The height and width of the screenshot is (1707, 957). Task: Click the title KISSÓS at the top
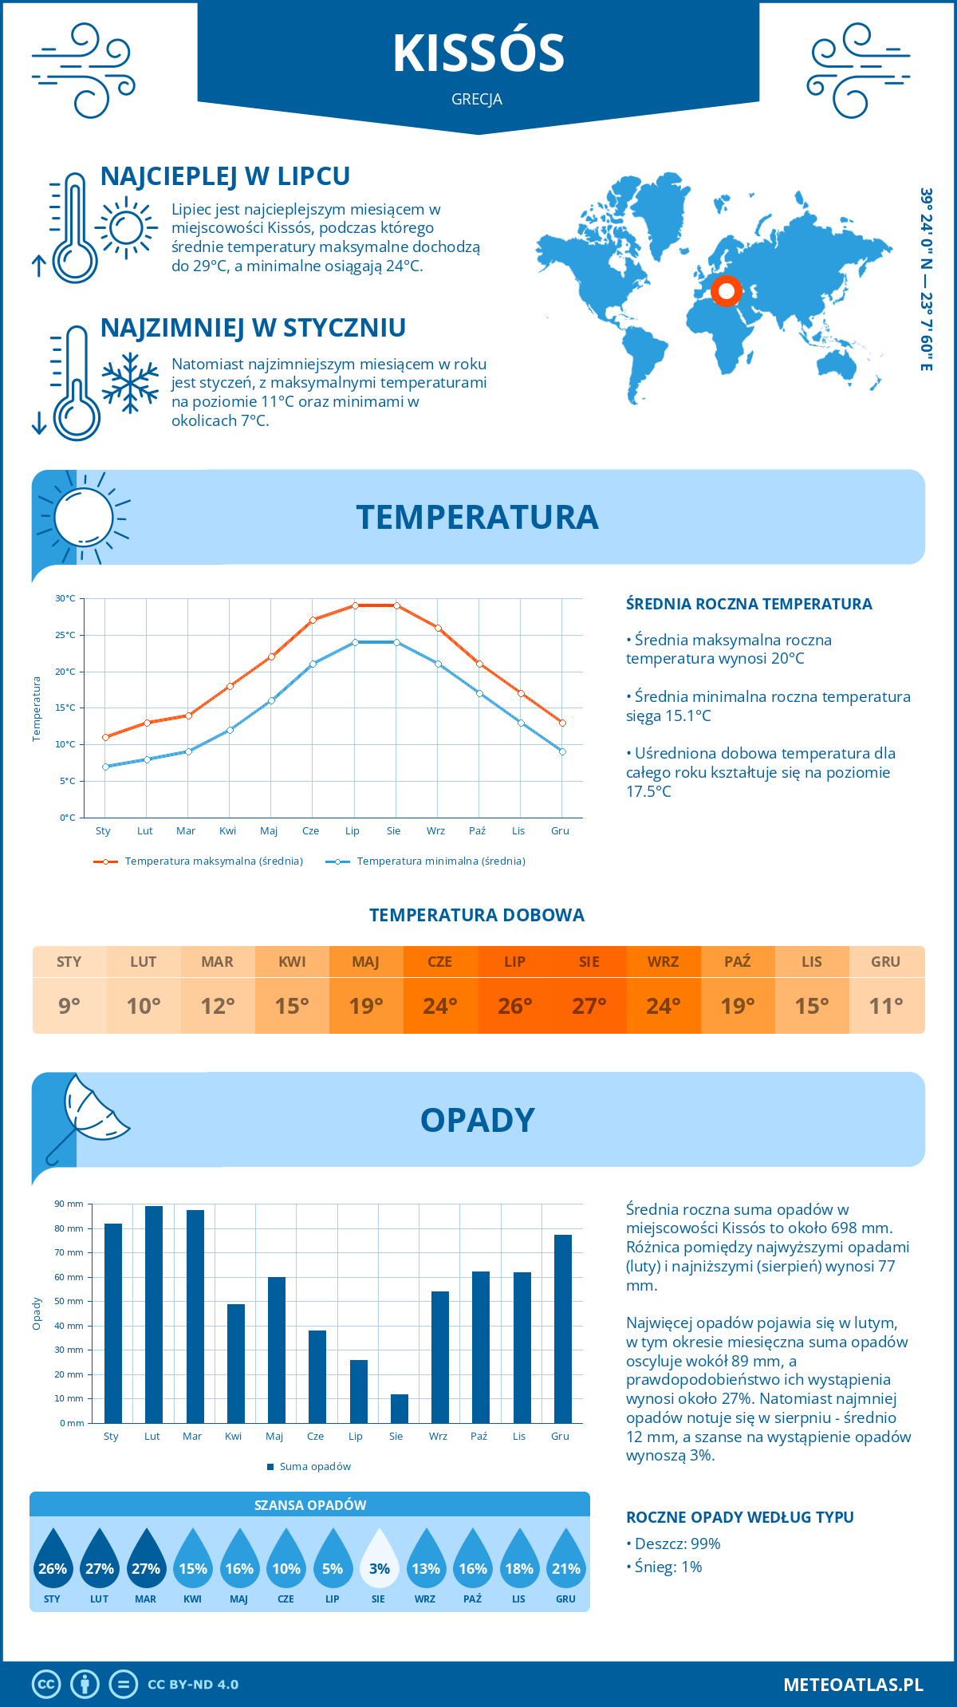tap(478, 53)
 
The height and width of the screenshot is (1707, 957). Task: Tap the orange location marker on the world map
tap(726, 291)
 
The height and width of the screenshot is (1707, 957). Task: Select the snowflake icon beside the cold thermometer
tap(130, 383)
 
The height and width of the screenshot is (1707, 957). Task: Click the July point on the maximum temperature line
tap(355, 605)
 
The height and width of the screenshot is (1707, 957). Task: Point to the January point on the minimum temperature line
tap(105, 767)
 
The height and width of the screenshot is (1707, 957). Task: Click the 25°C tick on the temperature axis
tap(65, 635)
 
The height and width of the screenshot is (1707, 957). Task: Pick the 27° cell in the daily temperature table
tap(589, 1006)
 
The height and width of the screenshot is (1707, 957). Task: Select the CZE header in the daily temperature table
tap(440, 962)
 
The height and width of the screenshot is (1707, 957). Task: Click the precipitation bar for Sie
tap(400, 1409)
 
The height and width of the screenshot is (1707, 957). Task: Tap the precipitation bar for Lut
tap(154, 1315)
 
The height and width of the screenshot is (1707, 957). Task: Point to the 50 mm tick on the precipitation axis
tap(69, 1301)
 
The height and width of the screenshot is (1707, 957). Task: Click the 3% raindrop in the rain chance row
tap(379, 1559)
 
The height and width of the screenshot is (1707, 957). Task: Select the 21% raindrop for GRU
tap(566, 1559)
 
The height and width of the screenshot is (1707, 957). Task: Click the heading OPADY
tap(477, 1120)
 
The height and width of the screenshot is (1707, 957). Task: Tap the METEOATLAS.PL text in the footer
tap(853, 1685)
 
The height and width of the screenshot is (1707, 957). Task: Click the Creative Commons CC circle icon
tap(46, 1685)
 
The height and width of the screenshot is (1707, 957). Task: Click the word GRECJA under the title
tap(477, 100)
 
